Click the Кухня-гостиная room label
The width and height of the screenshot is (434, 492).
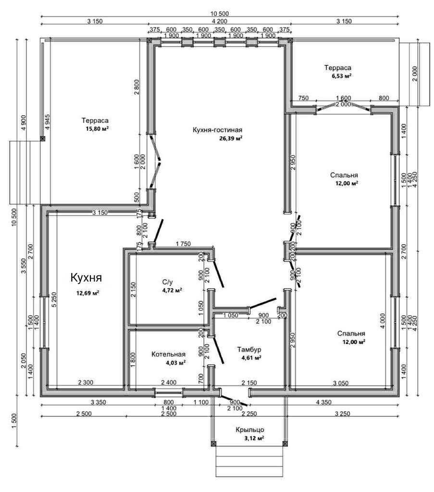pyautogui.click(x=217, y=130)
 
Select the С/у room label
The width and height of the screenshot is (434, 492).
pyautogui.click(x=167, y=283)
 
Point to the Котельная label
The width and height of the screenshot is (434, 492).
pyautogui.click(x=168, y=355)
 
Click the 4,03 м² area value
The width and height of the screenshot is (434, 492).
pyautogui.click(x=175, y=363)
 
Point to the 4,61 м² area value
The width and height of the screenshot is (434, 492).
pyautogui.click(x=251, y=358)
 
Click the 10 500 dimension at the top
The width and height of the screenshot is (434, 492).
pyautogui.click(x=220, y=12)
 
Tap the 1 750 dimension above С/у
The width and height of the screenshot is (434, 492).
pyautogui.click(x=183, y=244)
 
